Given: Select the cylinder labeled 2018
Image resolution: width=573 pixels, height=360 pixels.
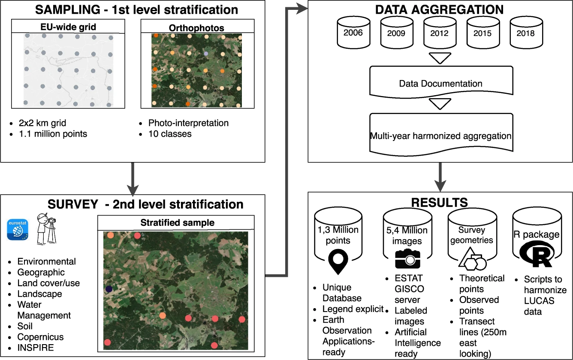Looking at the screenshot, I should coord(526,33).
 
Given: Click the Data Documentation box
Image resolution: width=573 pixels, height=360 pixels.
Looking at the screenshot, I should coord(440,83).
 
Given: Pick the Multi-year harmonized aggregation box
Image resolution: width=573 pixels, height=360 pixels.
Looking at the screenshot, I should coord(440,136).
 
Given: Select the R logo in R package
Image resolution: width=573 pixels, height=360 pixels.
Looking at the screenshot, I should coord(537,255).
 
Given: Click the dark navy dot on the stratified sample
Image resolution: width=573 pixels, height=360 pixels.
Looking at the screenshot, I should coord(109,289).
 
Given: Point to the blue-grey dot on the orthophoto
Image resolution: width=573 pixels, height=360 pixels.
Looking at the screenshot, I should coord(206,54).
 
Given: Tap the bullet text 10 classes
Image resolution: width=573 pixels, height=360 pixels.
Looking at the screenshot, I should coord(170,134).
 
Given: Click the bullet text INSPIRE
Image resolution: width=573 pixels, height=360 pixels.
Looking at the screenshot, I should coord(36,348).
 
